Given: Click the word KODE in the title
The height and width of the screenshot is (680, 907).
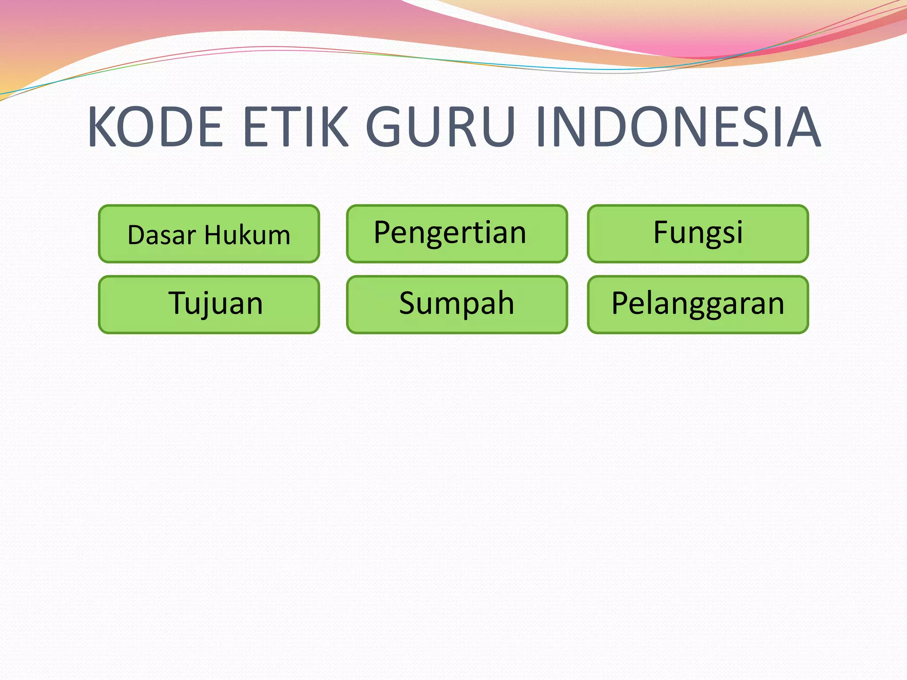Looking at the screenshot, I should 155,127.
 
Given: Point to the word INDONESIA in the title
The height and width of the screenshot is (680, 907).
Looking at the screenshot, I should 678,127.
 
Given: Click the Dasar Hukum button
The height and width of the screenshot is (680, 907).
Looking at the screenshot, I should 209,234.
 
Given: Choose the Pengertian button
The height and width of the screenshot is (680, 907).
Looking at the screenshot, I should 457,234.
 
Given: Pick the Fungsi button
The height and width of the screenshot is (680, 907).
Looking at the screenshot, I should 698,234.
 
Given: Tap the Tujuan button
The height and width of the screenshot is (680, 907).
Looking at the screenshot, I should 209,305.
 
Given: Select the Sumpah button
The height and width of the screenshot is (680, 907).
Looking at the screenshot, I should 457,305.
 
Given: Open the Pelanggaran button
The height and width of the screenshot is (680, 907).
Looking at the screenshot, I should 698,305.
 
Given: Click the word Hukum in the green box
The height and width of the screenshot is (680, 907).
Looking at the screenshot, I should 247,235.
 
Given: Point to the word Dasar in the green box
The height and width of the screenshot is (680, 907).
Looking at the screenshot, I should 162,235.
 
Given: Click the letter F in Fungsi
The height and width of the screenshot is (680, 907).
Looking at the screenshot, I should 663,232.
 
